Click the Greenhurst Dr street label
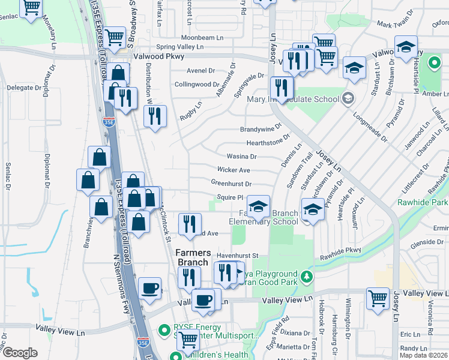(x=231, y=183)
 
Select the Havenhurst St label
(x=237, y=256)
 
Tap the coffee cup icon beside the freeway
(x=149, y=289)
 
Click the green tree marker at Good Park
(x=307, y=277)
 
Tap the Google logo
(x=20, y=353)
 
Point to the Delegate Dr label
(x=23, y=88)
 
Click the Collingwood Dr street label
(x=197, y=85)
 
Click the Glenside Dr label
(x=426, y=242)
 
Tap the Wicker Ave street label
(x=234, y=170)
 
